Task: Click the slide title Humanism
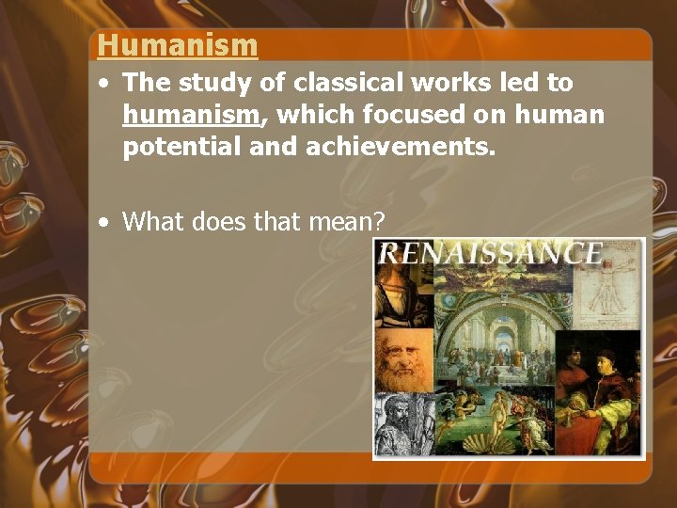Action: (177, 44)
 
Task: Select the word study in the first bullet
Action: (217, 83)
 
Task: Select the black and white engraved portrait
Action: (402, 423)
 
